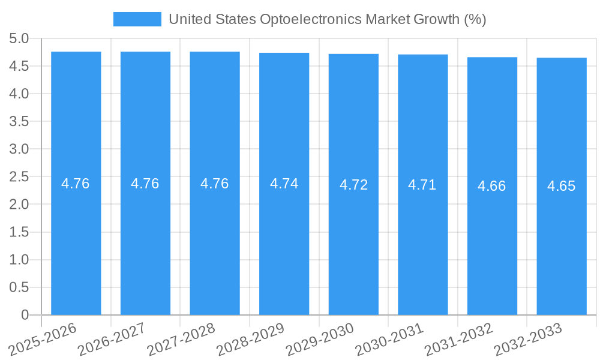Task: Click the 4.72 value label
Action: pos(353,185)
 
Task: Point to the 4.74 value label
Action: pos(284,184)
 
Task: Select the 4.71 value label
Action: pos(422,185)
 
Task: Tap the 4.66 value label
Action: pos(492,186)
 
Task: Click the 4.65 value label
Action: pos(562,186)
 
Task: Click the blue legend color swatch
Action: pos(137,19)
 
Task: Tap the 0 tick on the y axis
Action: pos(25,315)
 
